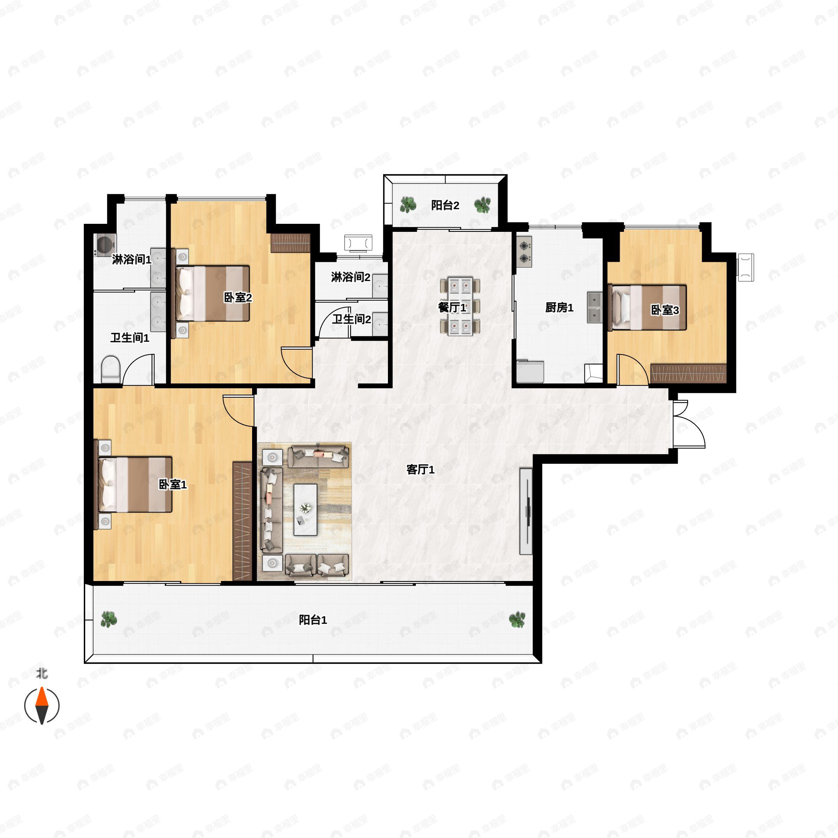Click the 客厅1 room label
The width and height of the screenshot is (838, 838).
coord(420,469)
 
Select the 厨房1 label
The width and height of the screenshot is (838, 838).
coord(559,308)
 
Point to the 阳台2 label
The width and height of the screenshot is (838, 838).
coord(445,205)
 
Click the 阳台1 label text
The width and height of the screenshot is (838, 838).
coord(313,620)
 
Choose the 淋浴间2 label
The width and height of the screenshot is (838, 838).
coord(351,277)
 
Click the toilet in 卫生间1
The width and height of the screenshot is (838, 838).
coord(110,369)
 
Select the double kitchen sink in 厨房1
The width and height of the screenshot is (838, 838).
coord(595,308)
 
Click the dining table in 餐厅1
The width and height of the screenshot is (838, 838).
coord(460,307)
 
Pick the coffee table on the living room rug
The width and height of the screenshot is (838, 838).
coord(306,510)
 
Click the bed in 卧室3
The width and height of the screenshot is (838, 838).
coord(647,307)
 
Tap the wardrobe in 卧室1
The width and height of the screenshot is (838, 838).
coord(242,521)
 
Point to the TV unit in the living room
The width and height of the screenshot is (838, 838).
coord(526,511)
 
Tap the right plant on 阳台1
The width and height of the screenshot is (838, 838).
coord(517,620)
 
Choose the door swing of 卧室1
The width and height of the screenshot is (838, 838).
coord(238,410)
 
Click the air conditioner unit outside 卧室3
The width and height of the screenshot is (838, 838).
coord(745,267)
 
